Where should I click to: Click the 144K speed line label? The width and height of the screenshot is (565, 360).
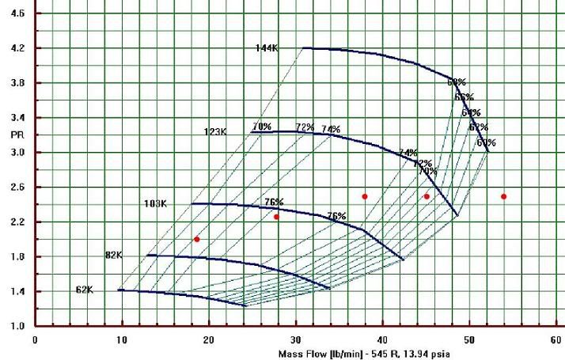pyautogui.click(x=266, y=48)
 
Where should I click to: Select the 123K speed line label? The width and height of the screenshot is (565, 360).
pyautogui.click(x=215, y=132)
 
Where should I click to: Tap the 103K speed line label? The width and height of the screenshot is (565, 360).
pyautogui.click(x=155, y=204)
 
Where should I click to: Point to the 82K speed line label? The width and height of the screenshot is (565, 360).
pyautogui.click(x=114, y=255)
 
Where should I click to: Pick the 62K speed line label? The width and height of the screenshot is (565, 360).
pyautogui.click(x=85, y=290)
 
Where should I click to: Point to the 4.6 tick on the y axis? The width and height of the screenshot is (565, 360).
pyautogui.click(x=17, y=13)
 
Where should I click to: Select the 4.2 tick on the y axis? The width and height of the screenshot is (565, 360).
pyautogui.click(x=17, y=48)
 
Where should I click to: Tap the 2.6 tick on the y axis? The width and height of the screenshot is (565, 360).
pyautogui.click(x=17, y=187)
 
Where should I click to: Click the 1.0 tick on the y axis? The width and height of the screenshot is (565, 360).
pyautogui.click(x=17, y=326)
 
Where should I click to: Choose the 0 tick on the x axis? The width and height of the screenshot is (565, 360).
pyautogui.click(x=35, y=339)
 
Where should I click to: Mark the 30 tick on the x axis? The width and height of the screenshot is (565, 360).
pyautogui.click(x=295, y=339)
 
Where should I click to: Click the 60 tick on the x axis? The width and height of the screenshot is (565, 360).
pyautogui.click(x=556, y=339)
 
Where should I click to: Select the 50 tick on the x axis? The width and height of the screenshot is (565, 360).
pyautogui.click(x=468, y=339)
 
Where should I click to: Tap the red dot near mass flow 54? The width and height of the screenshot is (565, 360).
pyautogui.click(x=503, y=196)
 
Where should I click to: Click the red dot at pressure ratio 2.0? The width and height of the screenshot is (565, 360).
pyautogui.click(x=197, y=239)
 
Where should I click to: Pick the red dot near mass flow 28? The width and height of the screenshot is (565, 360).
pyautogui.click(x=276, y=217)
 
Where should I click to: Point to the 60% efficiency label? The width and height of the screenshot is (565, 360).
pyautogui.click(x=486, y=143)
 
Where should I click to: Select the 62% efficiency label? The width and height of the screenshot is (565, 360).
pyautogui.click(x=478, y=127)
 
